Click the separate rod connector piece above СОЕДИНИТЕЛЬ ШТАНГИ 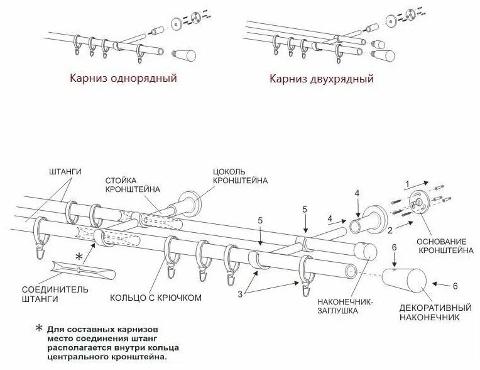[x=82, y=272]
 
